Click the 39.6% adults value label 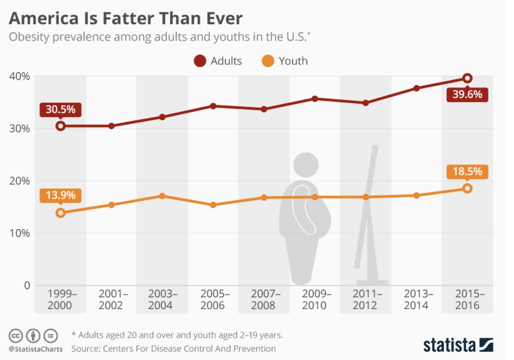[467, 95]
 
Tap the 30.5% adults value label [60, 110]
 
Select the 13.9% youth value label [60, 195]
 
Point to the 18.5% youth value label [467, 172]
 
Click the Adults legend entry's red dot [200, 61]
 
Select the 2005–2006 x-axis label [213, 300]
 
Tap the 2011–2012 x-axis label [365, 300]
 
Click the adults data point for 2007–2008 [264, 109]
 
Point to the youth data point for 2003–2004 [162, 196]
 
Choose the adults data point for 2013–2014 [416, 88]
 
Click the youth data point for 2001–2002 [112, 205]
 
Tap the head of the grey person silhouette [306, 164]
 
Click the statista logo [458, 345]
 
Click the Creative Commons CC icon [15, 335]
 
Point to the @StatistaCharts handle [36, 349]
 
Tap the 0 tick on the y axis [27, 286]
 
